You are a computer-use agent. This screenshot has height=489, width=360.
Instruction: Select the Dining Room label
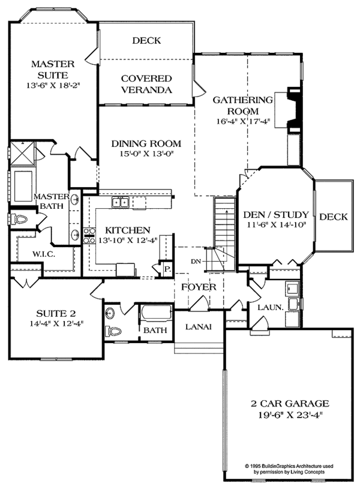(147, 144)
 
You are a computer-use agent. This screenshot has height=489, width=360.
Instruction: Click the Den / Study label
(276, 215)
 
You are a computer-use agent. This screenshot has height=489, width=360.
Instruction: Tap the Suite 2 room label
(53, 314)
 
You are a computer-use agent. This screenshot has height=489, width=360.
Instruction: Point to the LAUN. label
(271, 307)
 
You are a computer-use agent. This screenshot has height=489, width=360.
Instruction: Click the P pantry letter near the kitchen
(167, 269)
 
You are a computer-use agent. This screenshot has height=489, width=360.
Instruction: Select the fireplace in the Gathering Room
(294, 108)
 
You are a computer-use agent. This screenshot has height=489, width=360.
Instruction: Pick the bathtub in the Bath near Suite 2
(155, 315)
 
